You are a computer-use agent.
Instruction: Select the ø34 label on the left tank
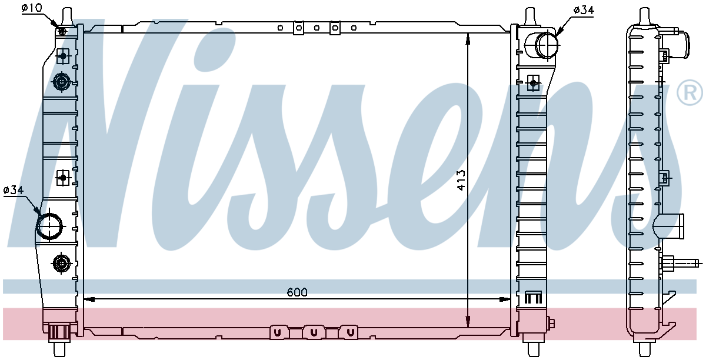click(13, 190)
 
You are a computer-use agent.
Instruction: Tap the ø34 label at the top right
click(584, 10)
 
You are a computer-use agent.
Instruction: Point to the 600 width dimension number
click(297, 292)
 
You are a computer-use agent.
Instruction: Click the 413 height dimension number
click(461, 180)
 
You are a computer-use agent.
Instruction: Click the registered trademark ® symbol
click(690, 94)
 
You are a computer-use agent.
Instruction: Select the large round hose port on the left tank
click(49, 226)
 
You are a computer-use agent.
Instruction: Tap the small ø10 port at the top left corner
click(62, 31)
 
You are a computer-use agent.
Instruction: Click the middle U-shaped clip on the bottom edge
click(314, 333)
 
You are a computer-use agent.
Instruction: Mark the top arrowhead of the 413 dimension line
click(468, 39)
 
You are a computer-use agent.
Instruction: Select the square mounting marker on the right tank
click(533, 83)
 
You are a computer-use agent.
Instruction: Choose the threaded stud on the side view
click(682, 262)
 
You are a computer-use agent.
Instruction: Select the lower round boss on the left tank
click(61, 263)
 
